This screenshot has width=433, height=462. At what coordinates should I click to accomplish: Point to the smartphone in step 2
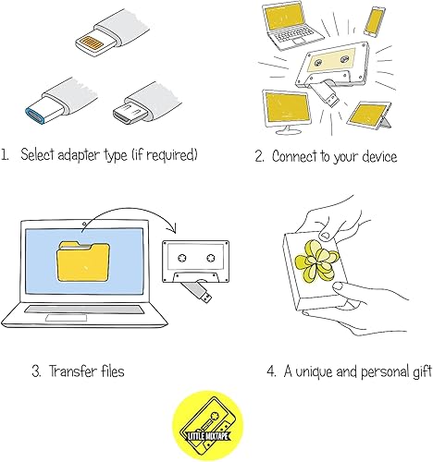tap(375, 21)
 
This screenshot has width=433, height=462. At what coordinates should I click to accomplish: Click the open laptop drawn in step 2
tap(291, 25)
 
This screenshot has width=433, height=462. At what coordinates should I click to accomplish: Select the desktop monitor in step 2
tap(287, 112)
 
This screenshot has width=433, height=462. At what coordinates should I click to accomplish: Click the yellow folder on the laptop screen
tap(83, 261)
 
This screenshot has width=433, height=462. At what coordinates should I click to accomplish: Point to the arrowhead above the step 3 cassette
tap(172, 228)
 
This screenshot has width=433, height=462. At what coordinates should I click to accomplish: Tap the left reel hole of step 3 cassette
tap(182, 258)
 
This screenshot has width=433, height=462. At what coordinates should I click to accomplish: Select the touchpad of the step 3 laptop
tap(66, 318)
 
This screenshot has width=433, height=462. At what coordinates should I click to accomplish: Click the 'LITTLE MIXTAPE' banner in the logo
tap(208, 435)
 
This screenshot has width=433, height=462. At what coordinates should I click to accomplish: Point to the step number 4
tap(271, 371)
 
